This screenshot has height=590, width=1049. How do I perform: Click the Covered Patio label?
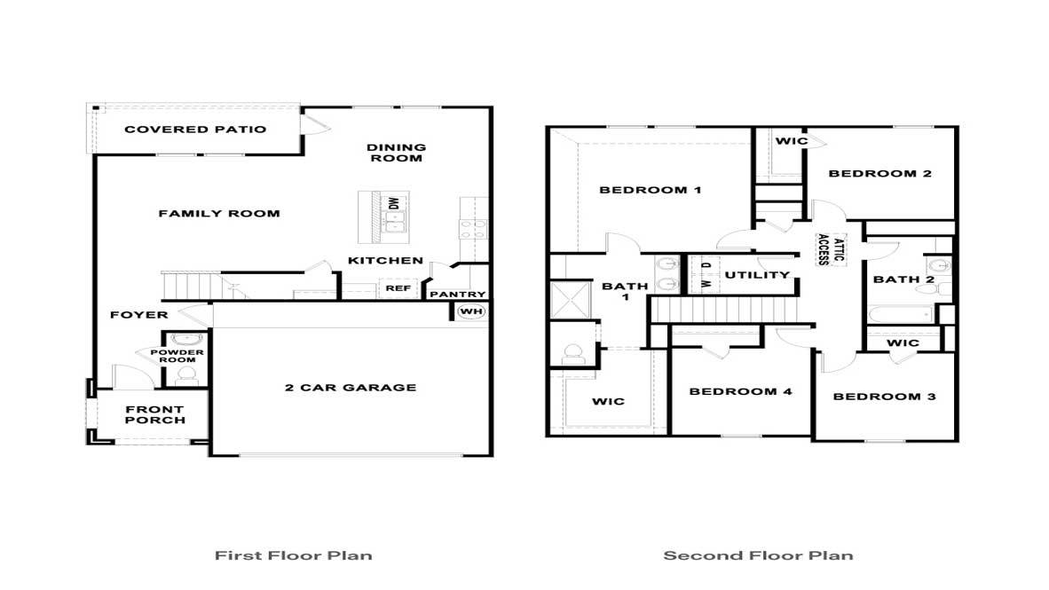pyautogui.click(x=195, y=130)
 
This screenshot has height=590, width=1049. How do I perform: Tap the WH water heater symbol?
pyautogui.click(x=469, y=311)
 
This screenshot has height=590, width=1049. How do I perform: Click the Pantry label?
pyautogui.click(x=458, y=295)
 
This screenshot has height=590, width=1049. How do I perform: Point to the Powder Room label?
pyautogui.click(x=183, y=356)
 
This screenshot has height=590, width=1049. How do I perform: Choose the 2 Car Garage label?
pyautogui.click(x=351, y=388)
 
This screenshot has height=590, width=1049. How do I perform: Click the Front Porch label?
pyautogui.click(x=155, y=415)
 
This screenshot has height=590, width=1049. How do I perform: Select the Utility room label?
pyautogui.click(x=757, y=275)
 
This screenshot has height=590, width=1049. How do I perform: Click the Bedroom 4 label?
pyautogui.click(x=740, y=391)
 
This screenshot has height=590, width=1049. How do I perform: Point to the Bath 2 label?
pyautogui.click(x=903, y=279)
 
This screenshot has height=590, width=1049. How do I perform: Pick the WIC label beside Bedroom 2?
pyautogui.click(x=791, y=141)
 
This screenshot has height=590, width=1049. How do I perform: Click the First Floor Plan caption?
pyautogui.click(x=294, y=556)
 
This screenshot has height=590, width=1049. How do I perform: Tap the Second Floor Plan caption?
pyautogui.click(x=759, y=556)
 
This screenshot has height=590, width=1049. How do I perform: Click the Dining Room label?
pyautogui.click(x=396, y=153)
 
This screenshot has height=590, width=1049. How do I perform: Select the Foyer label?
pyautogui.click(x=139, y=315)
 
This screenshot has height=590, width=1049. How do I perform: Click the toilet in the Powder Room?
pyautogui.click(x=185, y=376)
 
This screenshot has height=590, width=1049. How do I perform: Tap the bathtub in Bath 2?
pyautogui.click(x=902, y=315)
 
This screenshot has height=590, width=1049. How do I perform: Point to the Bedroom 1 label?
pyautogui.click(x=651, y=190)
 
